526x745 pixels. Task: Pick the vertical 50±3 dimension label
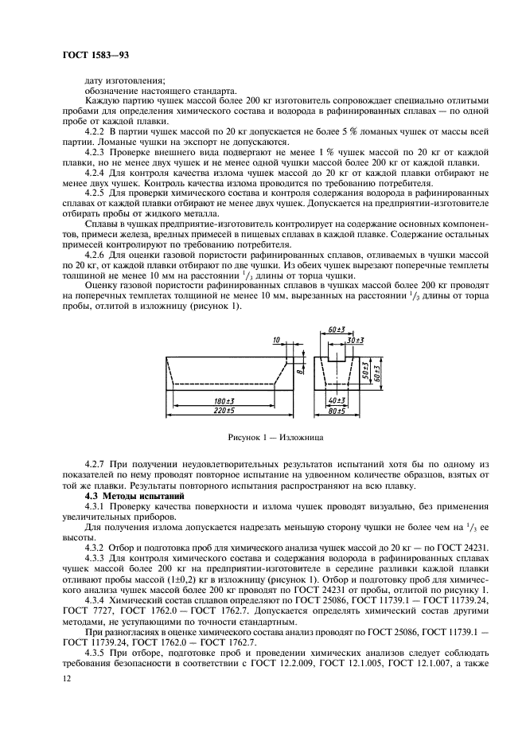click(364, 371)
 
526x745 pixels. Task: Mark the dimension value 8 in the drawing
click(288, 369)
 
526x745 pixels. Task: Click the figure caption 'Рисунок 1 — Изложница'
click(263, 437)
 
